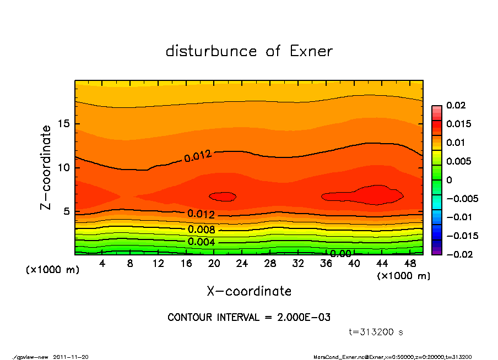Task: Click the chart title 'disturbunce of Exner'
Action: pos(249,51)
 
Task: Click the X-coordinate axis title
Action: pos(249,291)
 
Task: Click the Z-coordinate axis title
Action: pos(46,167)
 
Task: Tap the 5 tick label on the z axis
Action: pos(68,211)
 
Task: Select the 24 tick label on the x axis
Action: pos(242,263)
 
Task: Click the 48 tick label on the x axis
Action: pos(410,263)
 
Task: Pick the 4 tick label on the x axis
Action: pos(102,263)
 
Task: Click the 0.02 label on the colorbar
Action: pos(456,105)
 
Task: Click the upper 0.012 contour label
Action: pos(197,156)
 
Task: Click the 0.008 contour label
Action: pos(201,230)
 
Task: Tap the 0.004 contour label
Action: pos(201,242)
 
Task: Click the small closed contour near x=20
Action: pos(223,197)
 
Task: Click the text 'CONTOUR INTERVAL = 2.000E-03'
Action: pos(249,317)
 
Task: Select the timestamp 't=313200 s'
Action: pos(376,332)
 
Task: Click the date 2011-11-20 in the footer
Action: pos(71,357)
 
